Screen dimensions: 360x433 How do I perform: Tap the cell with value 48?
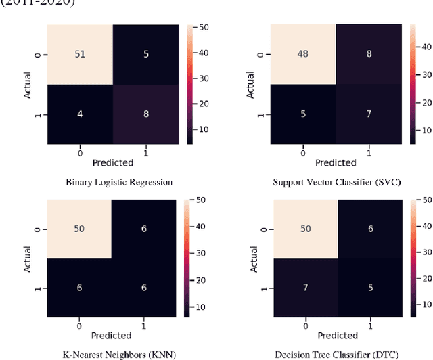[303, 54]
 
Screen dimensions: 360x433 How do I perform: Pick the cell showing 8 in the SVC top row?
[369, 54]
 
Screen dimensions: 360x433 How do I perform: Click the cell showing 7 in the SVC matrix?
[369, 114]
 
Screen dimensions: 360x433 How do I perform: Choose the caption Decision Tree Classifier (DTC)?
[336, 353]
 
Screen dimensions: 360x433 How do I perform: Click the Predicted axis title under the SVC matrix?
[336, 162]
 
